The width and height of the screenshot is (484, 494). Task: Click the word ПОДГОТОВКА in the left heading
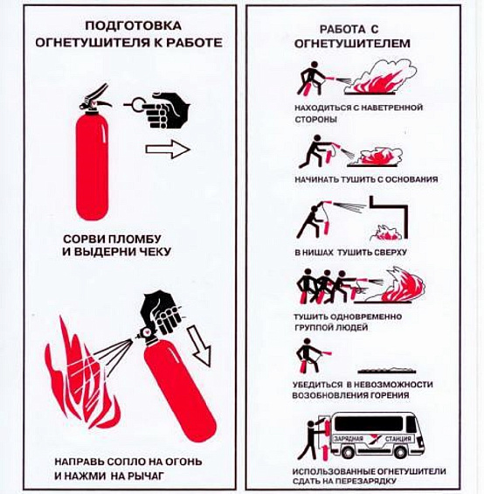pos(133,25)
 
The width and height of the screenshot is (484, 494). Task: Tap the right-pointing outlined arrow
pos(168,149)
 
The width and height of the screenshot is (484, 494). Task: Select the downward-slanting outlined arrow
pos(200,347)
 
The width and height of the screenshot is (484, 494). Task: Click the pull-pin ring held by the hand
pos(137,105)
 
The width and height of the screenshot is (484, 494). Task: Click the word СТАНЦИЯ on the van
pos(398,439)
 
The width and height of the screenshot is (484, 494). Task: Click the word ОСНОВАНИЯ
pos(411,179)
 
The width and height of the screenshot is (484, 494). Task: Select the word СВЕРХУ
pos(391,253)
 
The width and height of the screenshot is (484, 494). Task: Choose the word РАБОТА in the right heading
pos(342,30)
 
